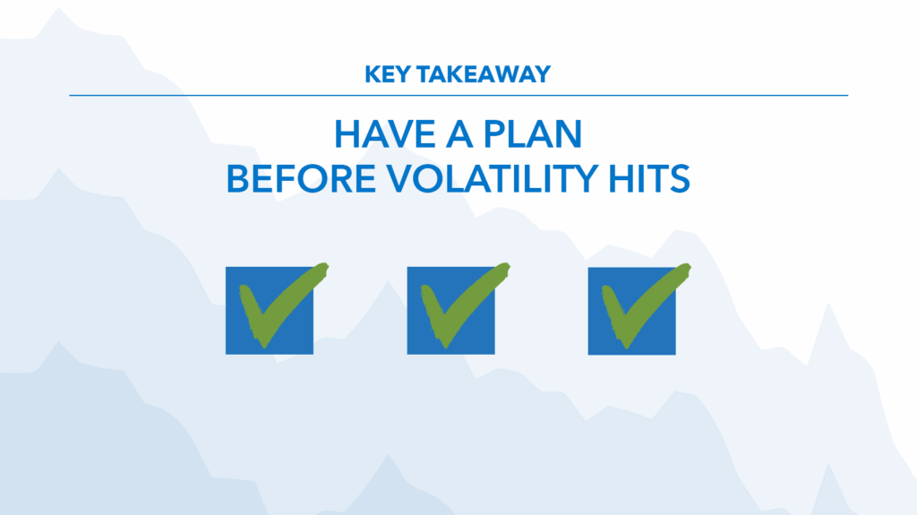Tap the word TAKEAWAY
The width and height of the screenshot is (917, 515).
click(x=484, y=74)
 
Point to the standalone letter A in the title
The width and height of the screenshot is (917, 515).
click(x=459, y=134)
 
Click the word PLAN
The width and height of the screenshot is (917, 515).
click(x=533, y=134)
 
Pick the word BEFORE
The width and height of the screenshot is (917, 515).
click(x=301, y=178)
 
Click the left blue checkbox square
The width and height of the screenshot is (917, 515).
click(x=270, y=311)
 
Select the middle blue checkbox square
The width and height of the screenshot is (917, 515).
click(x=451, y=311)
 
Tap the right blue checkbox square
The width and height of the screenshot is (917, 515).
click(x=631, y=312)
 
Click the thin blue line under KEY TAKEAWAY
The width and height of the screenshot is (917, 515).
click(x=458, y=95)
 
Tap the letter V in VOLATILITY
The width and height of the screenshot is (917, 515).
click(x=400, y=178)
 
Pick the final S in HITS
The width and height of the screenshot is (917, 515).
click(x=681, y=178)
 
